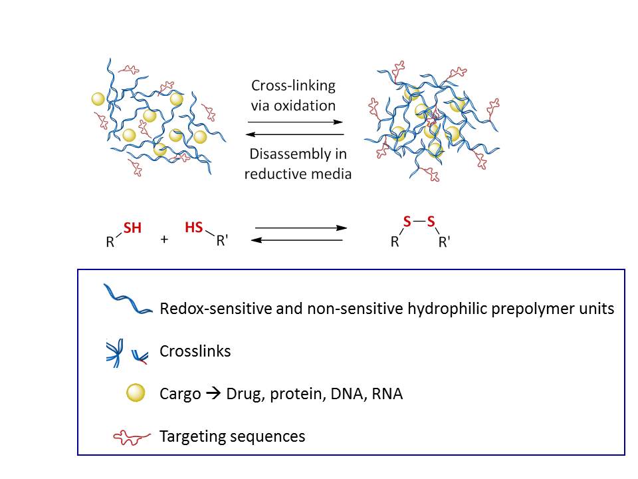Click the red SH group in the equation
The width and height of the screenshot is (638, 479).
(x=133, y=228)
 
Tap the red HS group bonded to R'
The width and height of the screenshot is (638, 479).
(x=193, y=228)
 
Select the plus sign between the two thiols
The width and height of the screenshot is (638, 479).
(x=164, y=239)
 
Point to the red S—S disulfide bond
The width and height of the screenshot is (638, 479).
(x=419, y=222)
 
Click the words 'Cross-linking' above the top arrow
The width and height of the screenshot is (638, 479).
(x=293, y=86)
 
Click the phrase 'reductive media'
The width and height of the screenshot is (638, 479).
(x=297, y=174)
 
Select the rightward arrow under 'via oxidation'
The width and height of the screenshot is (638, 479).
(x=294, y=122)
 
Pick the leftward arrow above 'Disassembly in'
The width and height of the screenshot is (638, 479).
(x=294, y=134)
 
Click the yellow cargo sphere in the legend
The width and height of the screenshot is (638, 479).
(x=136, y=394)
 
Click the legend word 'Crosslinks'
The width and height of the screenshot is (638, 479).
(x=195, y=351)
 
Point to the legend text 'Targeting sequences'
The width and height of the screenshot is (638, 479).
(x=232, y=436)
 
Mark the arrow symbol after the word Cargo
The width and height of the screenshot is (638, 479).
(x=214, y=394)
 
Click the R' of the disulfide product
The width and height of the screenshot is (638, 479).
(x=445, y=242)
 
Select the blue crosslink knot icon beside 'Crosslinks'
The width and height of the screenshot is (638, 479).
(x=114, y=351)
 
